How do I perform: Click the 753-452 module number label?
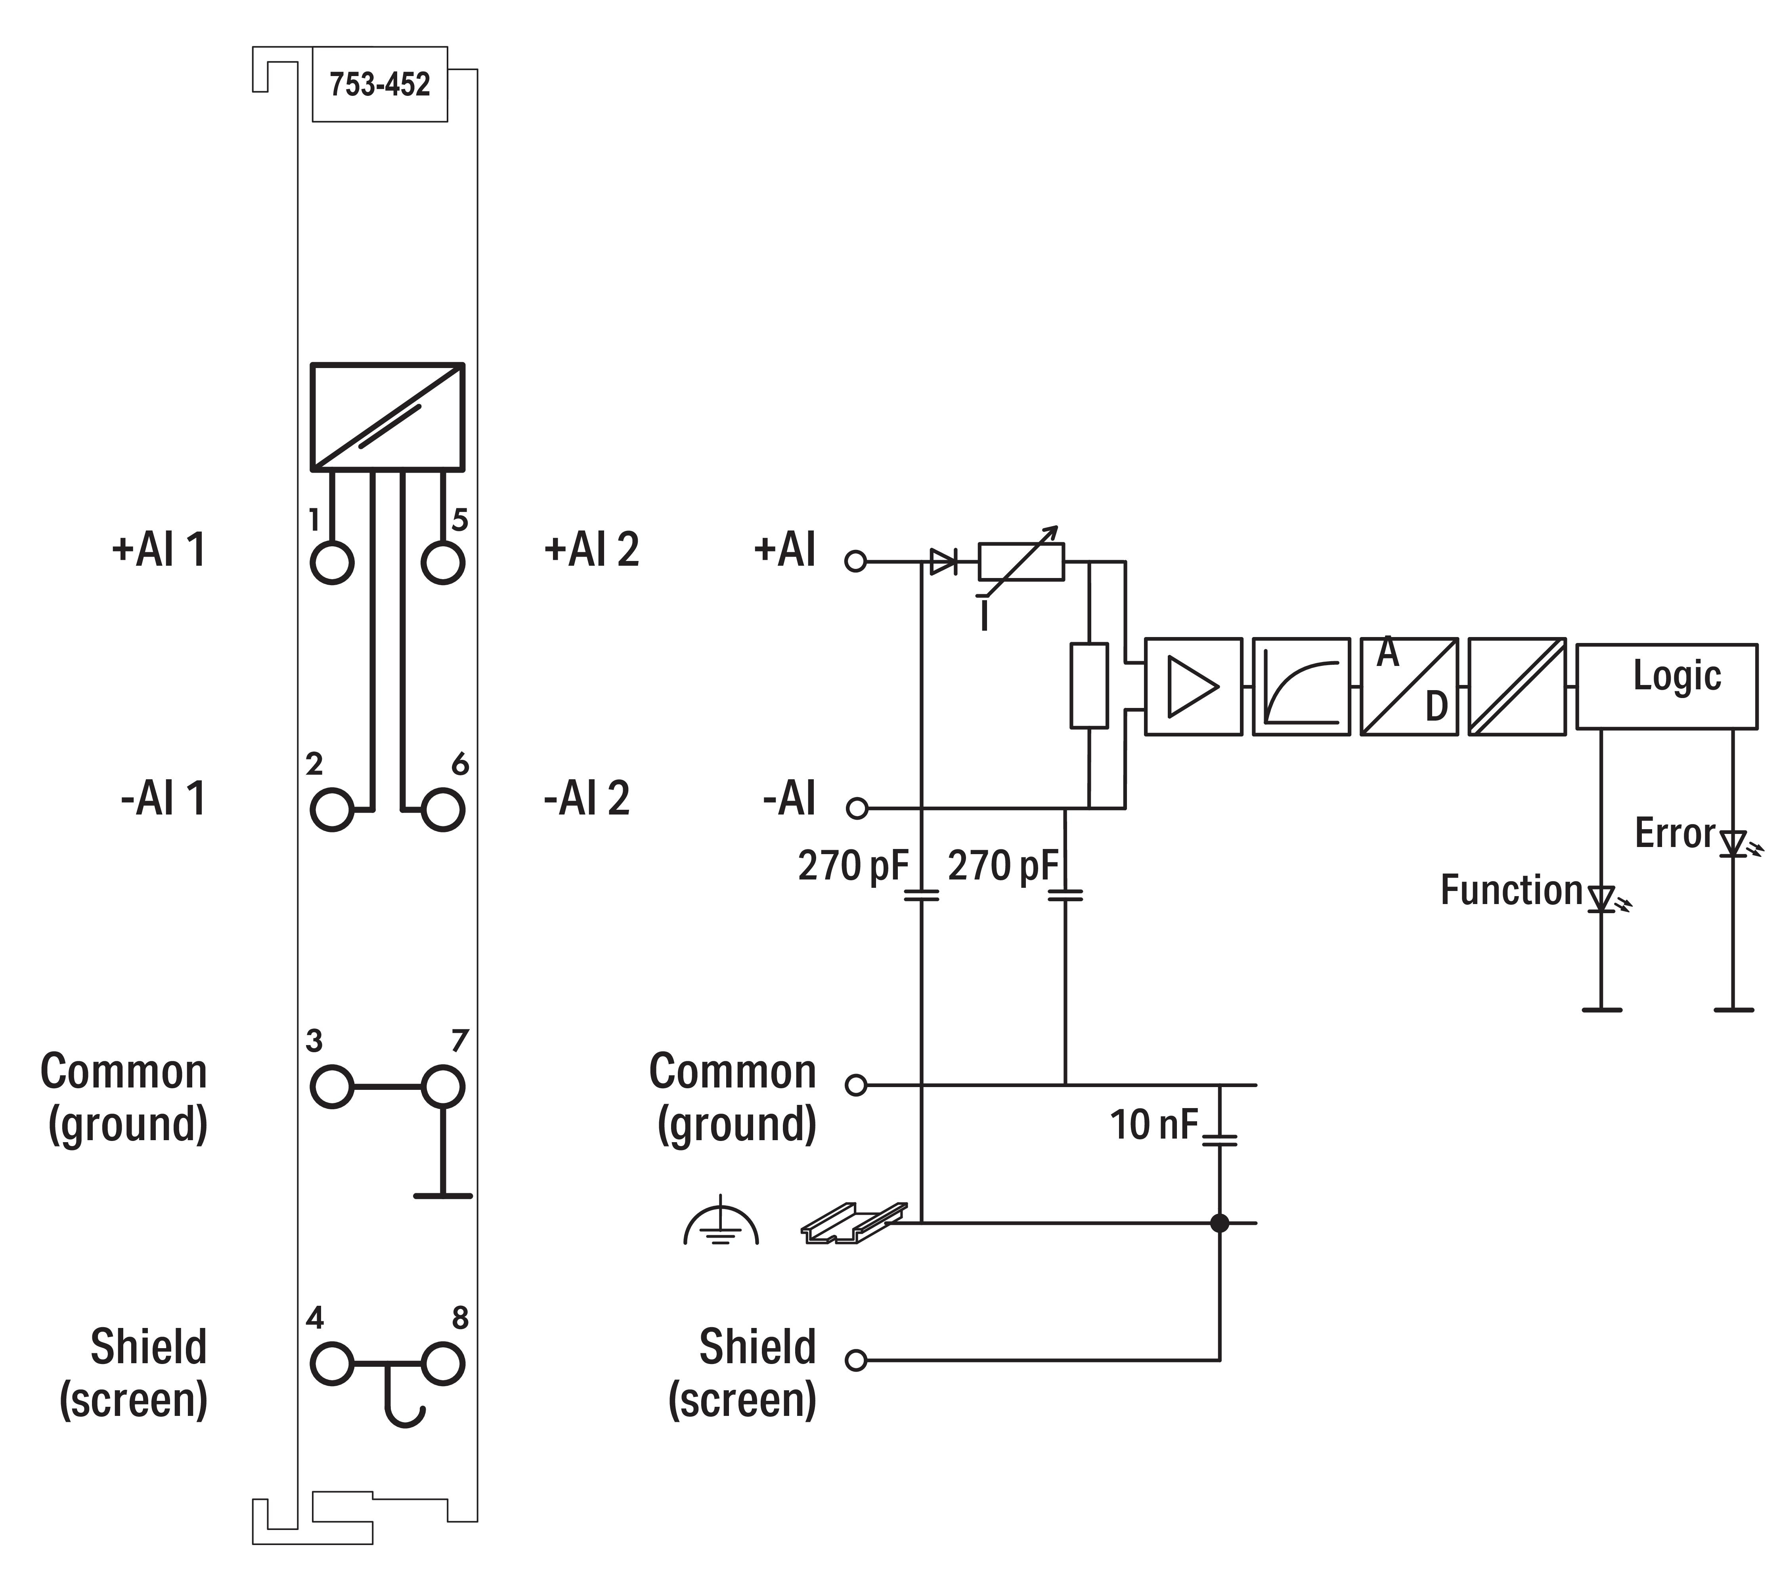point(380,85)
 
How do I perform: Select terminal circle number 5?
point(442,562)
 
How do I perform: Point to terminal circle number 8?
point(442,1364)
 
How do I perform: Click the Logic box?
point(1666,686)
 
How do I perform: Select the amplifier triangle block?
point(1193,686)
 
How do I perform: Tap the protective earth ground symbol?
point(721,1222)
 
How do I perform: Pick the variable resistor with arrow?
point(1021,562)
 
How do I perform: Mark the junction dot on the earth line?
point(1219,1223)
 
